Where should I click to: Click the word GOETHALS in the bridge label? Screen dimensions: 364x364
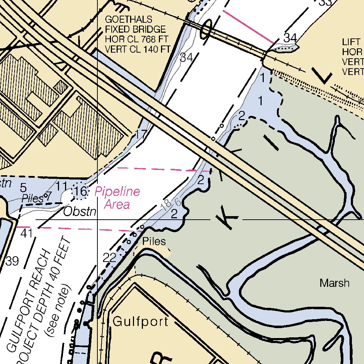click(x=128, y=20)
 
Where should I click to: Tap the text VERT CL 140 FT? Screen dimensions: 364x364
click(x=138, y=49)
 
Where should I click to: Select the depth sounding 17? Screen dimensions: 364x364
click(x=141, y=134)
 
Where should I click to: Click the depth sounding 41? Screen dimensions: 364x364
click(x=27, y=234)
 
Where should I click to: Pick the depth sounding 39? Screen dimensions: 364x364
click(x=12, y=262)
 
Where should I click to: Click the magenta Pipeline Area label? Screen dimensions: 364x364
click(x=117, y=198)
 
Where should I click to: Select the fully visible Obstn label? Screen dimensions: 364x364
click(x=80, y=212)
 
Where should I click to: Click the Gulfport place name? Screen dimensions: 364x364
click(x=140, y=322)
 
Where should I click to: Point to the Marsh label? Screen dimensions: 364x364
click(x=334, y=283)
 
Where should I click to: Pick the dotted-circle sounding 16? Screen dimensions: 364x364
click(x=81, y=192)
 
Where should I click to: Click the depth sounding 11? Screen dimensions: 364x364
click(x=62, y=186)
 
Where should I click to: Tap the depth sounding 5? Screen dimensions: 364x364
click(x=23, y=187)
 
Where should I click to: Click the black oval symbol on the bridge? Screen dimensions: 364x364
click(x=206, y=29)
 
